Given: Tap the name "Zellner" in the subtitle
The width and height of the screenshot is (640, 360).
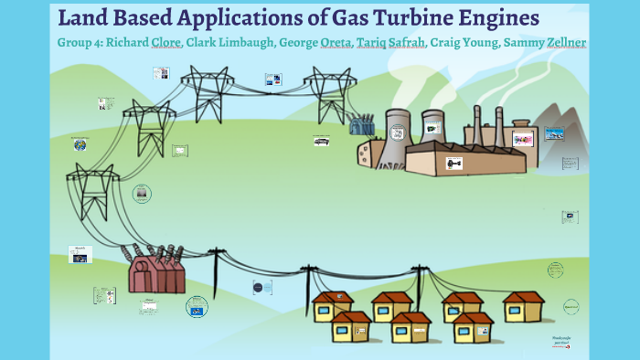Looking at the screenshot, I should [561, 43].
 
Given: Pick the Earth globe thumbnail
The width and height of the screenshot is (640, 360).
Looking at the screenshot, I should [80, 144].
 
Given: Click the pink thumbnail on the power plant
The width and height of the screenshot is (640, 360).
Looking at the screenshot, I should [522, 140].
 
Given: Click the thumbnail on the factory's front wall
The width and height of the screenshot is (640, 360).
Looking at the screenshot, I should [453, 163].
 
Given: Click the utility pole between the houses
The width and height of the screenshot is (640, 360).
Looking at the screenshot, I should [419, 283].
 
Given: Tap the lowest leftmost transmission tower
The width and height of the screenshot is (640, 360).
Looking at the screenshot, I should [95, 192].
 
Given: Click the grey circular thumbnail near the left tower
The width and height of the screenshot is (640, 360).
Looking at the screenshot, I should [142, 194].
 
